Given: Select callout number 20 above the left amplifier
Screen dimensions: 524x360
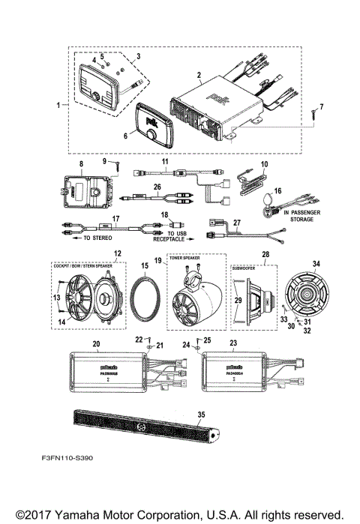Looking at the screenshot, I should point(96,344).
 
